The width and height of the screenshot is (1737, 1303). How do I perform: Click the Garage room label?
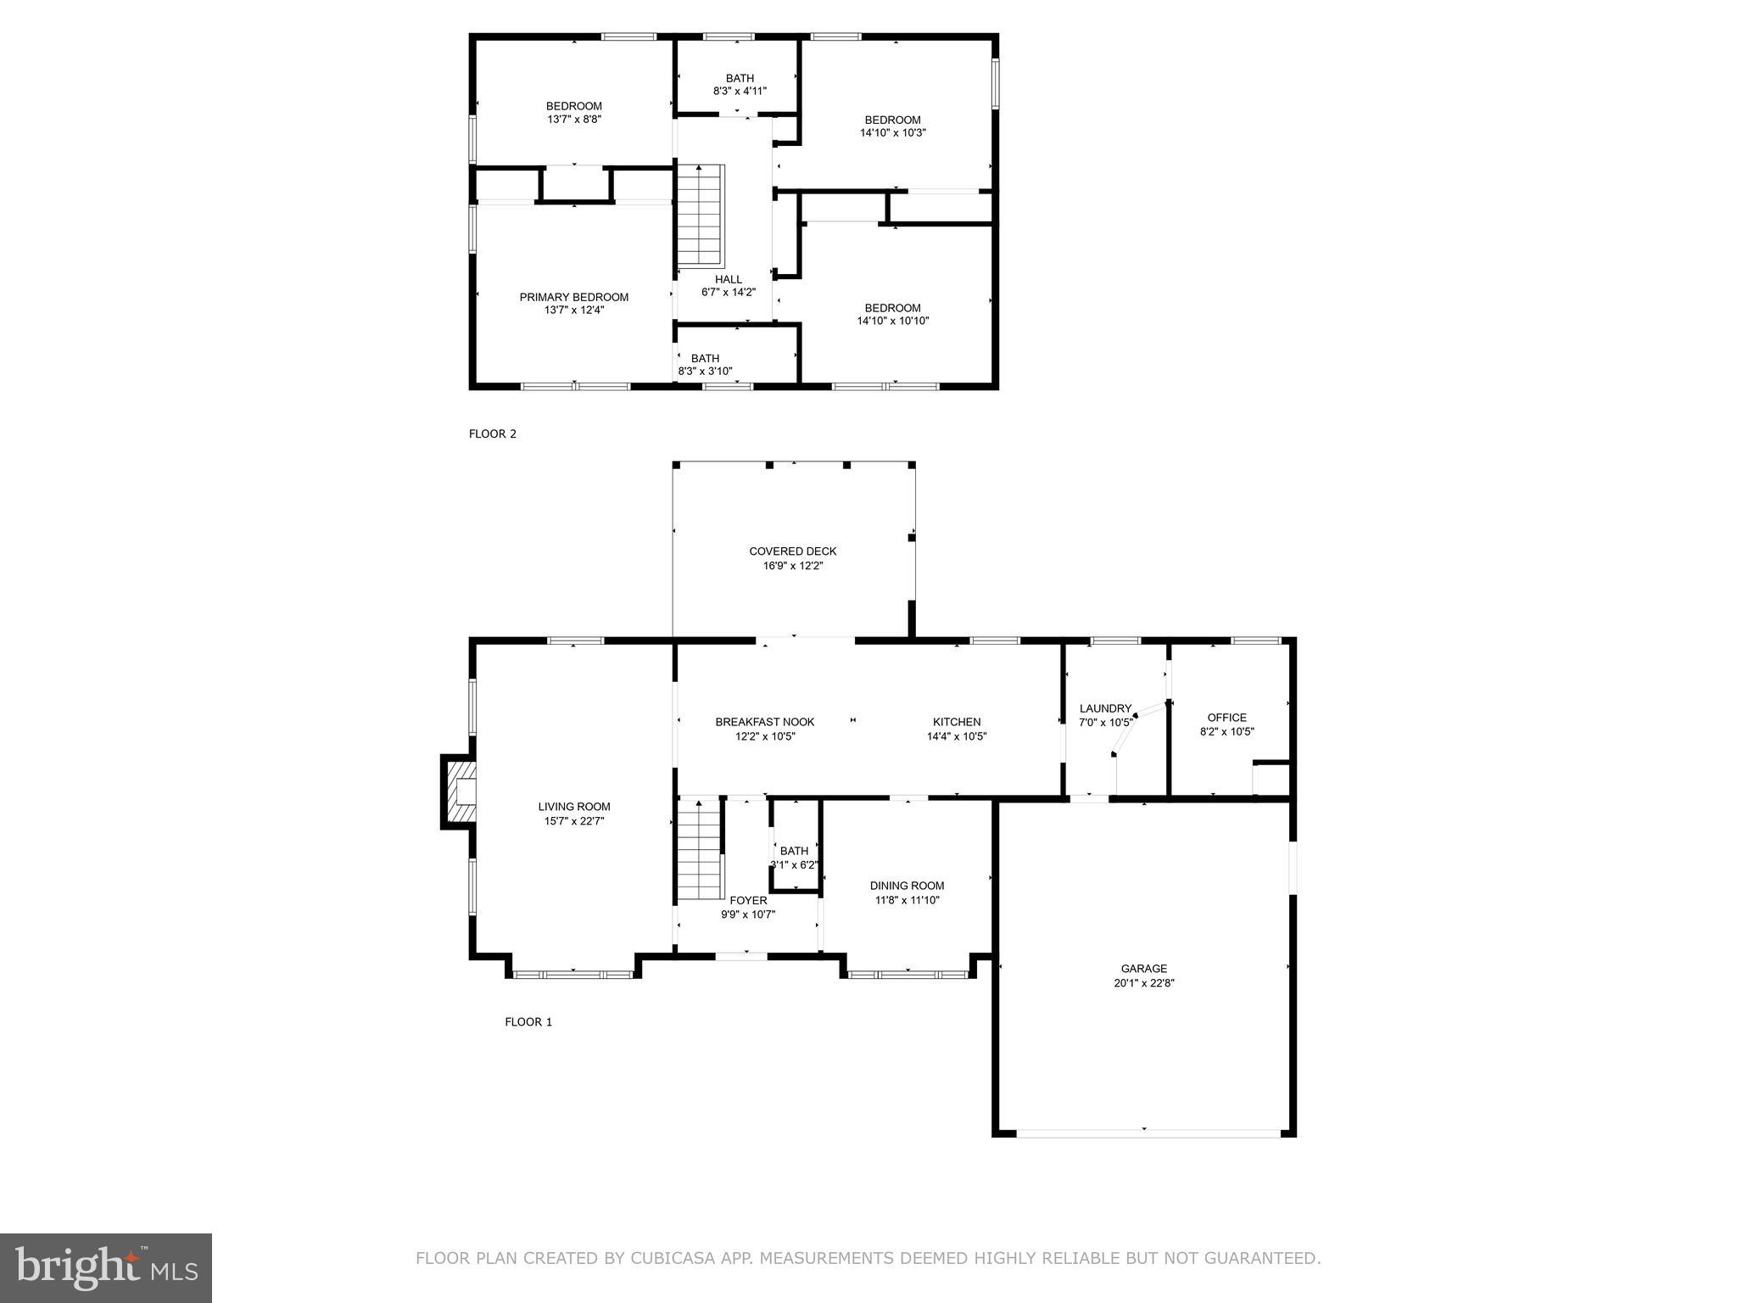(x=1143, y=968)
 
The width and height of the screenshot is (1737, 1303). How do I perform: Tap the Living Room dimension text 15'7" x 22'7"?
(x=574, y=821)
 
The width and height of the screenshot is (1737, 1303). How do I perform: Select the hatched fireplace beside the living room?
(x=459, y=791)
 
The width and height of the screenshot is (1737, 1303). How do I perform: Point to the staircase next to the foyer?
(x=699, y=851)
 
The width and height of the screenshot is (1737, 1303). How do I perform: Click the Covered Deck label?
(x=792, y=551)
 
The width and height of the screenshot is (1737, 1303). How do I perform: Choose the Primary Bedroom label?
(x=573, y=297)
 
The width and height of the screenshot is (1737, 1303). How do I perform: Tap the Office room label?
(x=1226, y=718)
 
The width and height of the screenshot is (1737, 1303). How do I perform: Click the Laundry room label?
(x=1105, y=708)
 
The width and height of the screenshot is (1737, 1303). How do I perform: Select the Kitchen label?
(x=957, y=722)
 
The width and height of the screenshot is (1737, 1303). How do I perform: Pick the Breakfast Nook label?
(x=764, y=722)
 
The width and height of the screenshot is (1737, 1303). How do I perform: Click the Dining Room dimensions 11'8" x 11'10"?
(x=907, y=900)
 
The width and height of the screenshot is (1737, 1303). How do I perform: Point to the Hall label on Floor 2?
(x=728, y=279)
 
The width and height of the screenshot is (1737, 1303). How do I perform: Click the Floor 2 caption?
(x=492, y=433)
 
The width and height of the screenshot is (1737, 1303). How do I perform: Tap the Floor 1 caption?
(x=528, y=1021)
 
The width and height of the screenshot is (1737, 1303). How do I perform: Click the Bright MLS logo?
(x=106, y=1267)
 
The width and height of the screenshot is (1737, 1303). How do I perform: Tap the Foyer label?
(x=748, y=900)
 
